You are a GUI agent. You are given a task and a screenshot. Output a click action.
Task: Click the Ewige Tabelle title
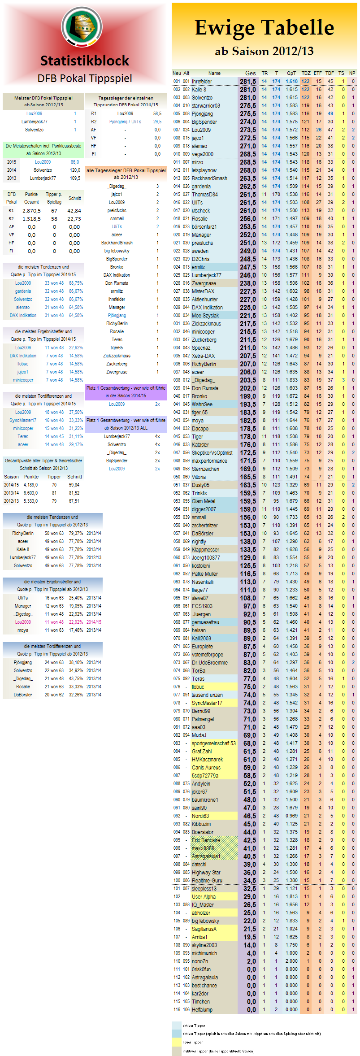click(x=264, y=28)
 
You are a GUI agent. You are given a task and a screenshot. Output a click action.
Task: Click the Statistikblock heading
click(x=85, y=61)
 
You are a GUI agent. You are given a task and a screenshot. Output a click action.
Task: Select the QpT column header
click(x=291, y=73)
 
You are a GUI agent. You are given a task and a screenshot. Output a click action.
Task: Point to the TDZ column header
click(x=306, y=73)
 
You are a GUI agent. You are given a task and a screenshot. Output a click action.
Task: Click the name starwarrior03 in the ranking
click(x=206, y=106)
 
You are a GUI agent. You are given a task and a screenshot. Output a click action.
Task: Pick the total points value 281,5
click(x=248, y=82)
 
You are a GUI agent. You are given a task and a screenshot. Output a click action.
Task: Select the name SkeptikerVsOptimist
click(x=212, y=453)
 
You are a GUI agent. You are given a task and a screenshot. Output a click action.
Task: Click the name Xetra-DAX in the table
click(x=203, y=356)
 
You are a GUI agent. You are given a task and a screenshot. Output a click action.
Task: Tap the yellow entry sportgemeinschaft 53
click(x=213, y=743)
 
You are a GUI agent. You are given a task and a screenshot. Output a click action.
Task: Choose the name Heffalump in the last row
click(x=202, y=1010)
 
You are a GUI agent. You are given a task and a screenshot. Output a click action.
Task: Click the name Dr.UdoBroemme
click(x=209, y=663)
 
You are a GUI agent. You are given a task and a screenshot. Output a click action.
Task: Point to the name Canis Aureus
click(x=206, y=768)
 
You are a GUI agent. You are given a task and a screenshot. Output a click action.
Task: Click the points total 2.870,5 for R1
click(x=31, y=211)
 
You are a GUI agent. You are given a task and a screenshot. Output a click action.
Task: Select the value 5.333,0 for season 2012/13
click(x=30, y=501)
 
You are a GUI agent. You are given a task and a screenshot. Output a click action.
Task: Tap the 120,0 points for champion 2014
click(x=75, y=170)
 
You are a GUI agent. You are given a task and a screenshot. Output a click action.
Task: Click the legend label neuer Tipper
click(x=193, y=1042)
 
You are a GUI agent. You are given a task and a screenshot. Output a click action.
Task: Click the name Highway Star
click(x=206, y=873)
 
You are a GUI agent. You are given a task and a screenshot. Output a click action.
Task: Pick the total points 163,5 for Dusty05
click(x=248, y=485)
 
